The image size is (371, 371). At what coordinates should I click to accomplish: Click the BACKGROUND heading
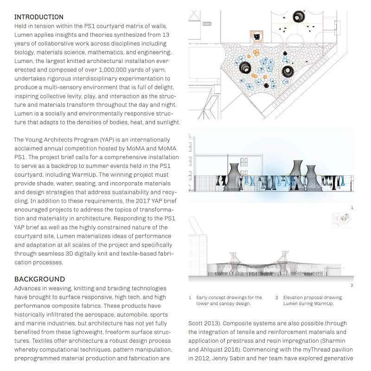click(x=39, y=279)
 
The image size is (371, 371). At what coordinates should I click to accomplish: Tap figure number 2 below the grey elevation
click(x=352, y=285)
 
